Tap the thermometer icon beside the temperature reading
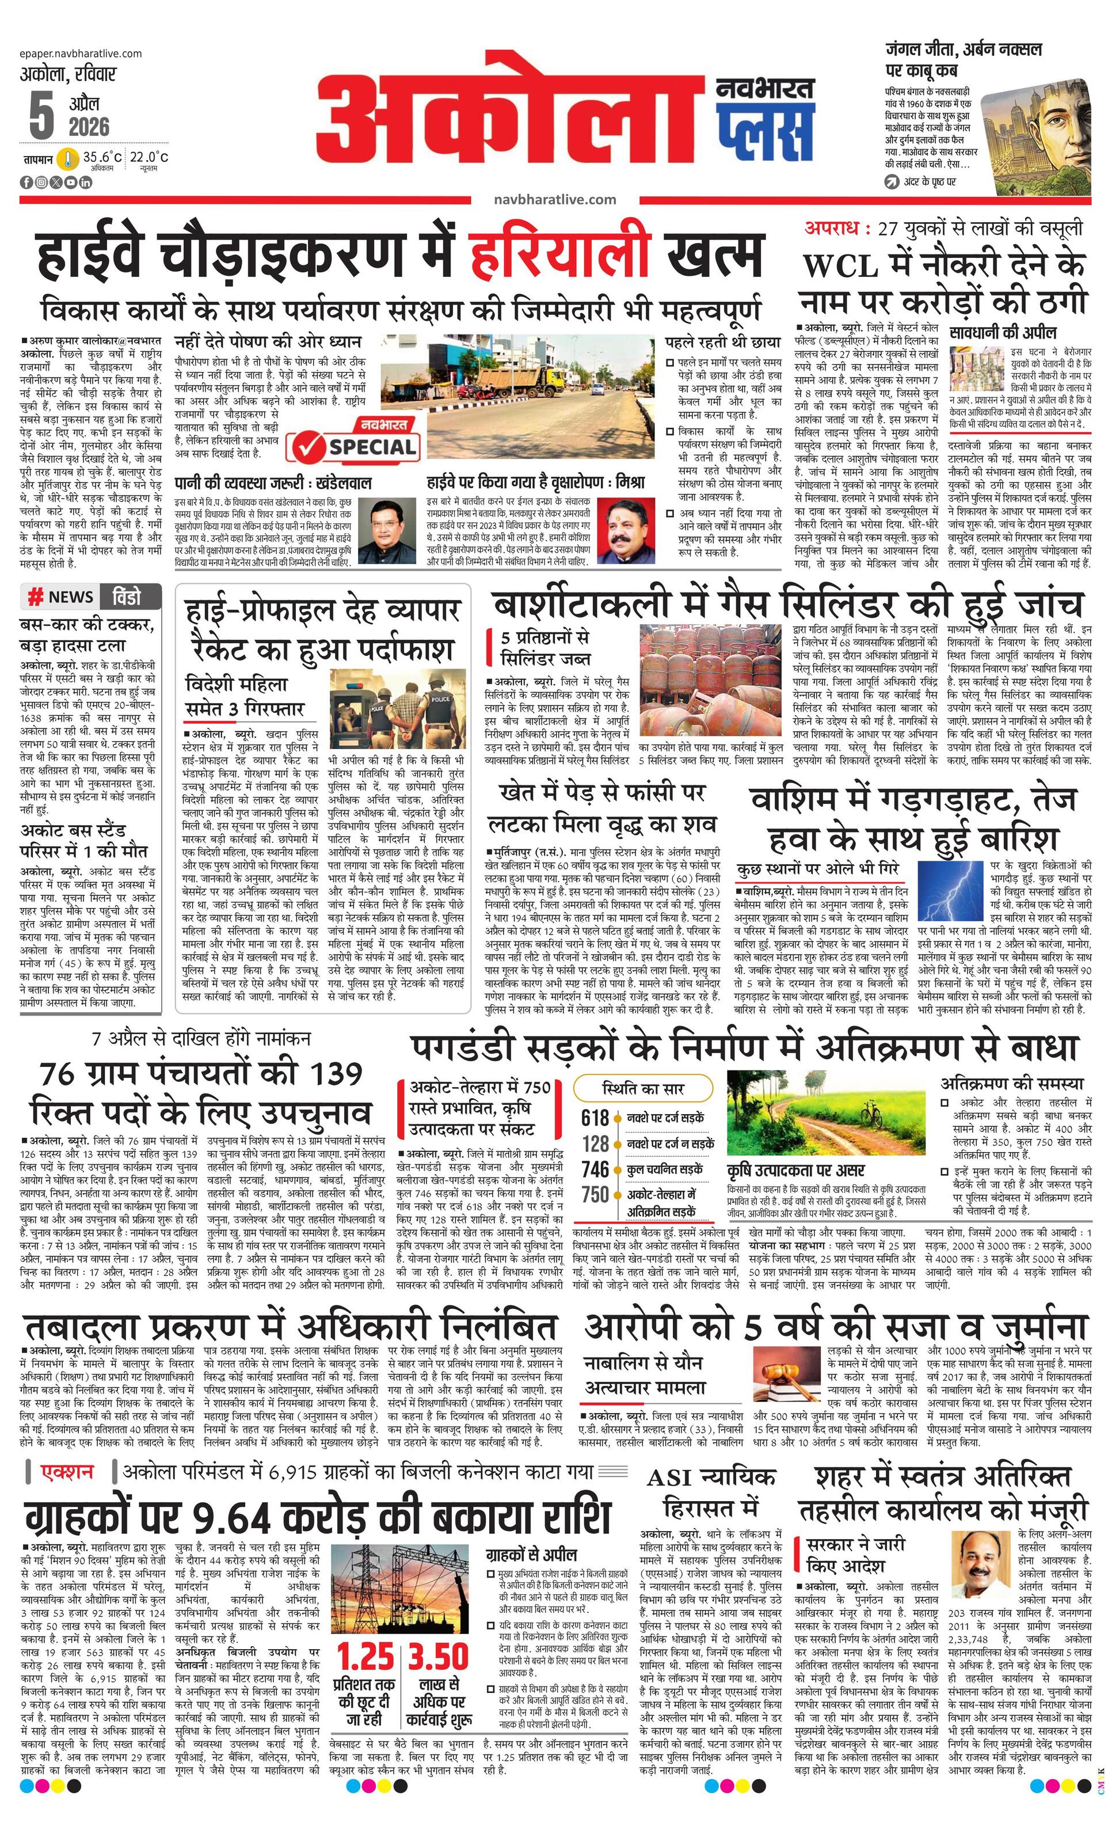[x=67, y=159]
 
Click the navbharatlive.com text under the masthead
[x=554, y=199]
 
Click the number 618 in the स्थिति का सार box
[x=595, y=1118]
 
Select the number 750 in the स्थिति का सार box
[x=595, y=1195]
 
